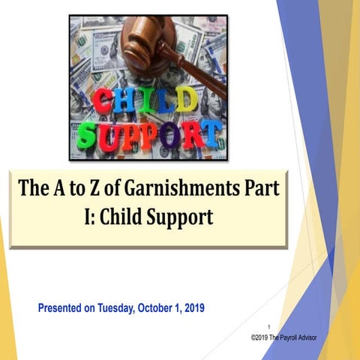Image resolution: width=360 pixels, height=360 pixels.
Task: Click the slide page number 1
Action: pos(268,327)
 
